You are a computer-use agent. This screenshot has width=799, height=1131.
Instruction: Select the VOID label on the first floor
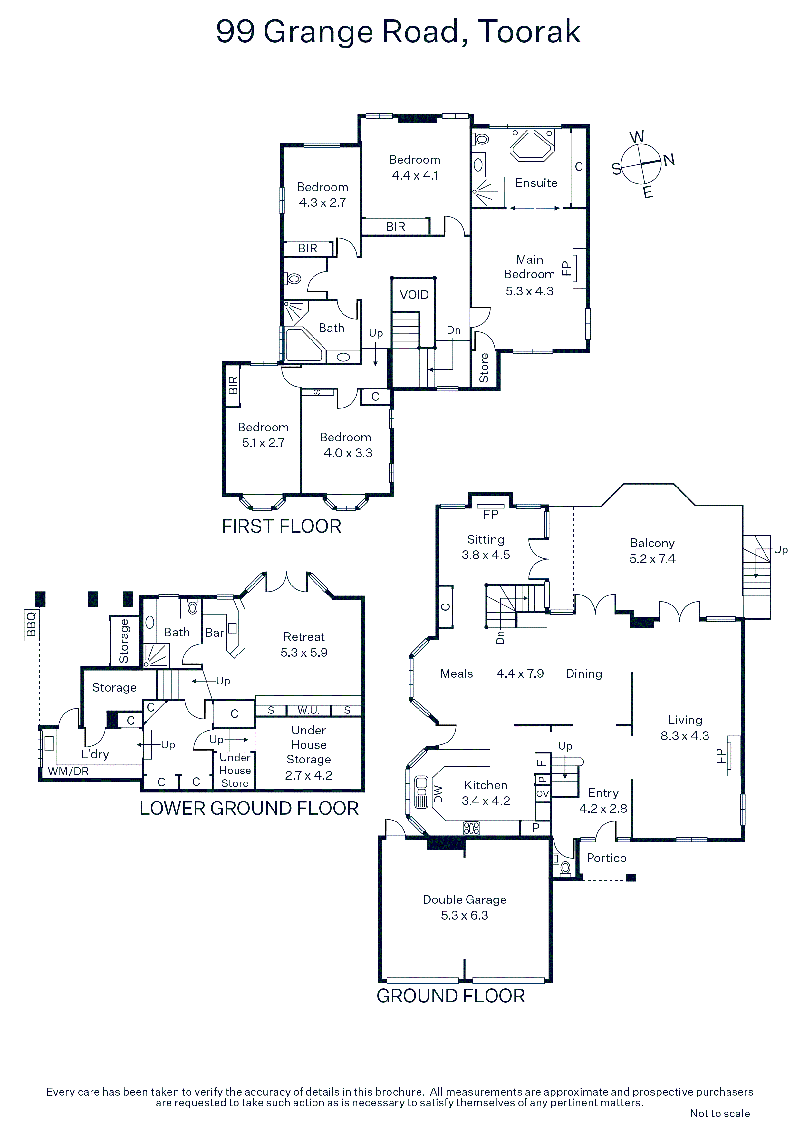(414, 295)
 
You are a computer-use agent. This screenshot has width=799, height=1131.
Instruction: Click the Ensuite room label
(536, 183)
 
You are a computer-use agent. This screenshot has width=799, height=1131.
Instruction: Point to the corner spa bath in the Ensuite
(532, 144)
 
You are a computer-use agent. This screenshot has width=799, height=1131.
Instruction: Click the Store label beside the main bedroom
(484, 368)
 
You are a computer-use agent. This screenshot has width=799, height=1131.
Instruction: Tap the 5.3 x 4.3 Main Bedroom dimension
(529, 291)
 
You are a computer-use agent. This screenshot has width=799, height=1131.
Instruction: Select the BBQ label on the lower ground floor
(31, 624)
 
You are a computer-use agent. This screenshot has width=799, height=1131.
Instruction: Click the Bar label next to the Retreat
(215, 633)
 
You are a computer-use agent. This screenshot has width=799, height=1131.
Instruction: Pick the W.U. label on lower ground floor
(308, 710)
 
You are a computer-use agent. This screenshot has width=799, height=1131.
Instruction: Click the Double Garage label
(464, 900)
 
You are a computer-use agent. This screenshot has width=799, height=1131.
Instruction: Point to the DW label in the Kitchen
(438, 794)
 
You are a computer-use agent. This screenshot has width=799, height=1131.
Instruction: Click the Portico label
(607, 858)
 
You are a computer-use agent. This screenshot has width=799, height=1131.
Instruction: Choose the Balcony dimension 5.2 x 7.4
(652, 559)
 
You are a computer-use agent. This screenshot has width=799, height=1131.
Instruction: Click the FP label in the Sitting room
(491, 514)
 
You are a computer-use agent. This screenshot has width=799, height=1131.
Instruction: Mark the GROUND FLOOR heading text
(450, 996)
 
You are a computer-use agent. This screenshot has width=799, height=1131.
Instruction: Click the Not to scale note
(720, 1113)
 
